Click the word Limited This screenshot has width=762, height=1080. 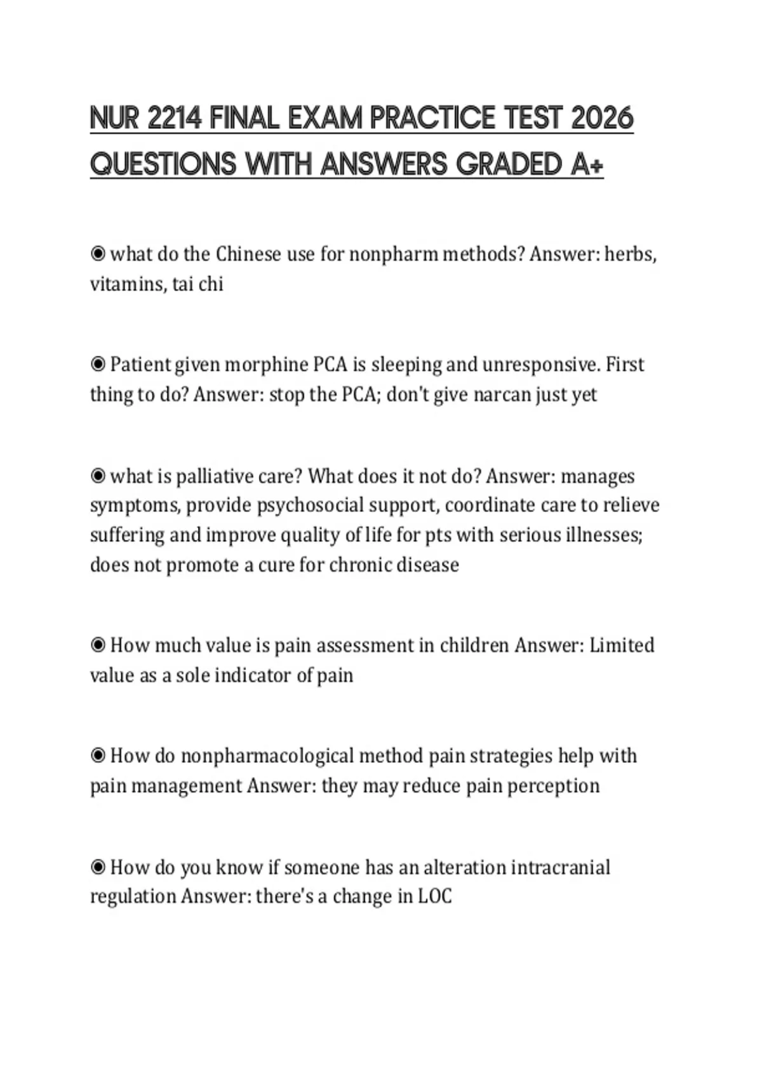tap(622, 645)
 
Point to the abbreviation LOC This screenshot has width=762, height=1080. tap(435, 896)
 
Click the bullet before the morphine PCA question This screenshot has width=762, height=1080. tap(98, 365)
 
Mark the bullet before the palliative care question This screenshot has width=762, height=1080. tap(98, 476)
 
